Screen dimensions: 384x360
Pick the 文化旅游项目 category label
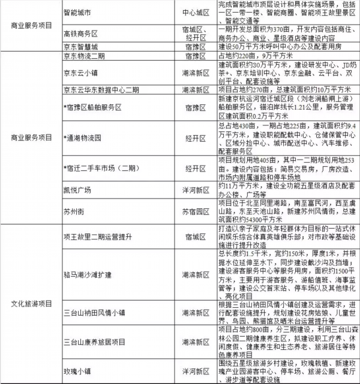[32, 303]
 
